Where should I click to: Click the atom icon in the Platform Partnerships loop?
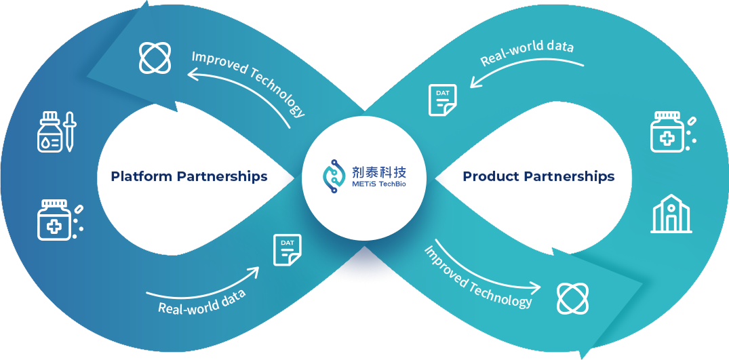155,58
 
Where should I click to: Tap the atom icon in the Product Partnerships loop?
573,298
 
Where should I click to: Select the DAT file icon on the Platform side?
287,249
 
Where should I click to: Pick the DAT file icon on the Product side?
442,100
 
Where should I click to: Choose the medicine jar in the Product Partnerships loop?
667,131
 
